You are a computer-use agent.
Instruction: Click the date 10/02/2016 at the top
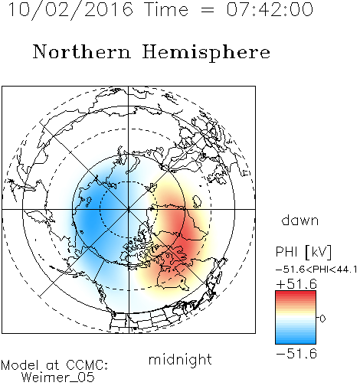70,10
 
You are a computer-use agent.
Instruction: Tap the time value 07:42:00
270,9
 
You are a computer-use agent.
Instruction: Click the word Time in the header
166,9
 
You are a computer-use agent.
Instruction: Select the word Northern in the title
82,52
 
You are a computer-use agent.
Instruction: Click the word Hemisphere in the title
206,53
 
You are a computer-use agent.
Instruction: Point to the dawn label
300,220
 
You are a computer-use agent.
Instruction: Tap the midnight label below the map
180,359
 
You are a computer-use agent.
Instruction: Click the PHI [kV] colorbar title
303,252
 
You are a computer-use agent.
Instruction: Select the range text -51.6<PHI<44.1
316,270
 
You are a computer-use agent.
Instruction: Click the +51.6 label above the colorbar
296,284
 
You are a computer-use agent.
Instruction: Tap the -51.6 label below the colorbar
296,354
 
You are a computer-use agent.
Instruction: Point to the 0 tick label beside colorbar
322,319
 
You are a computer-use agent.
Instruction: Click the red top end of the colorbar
296,293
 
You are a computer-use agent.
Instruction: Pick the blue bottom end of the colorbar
296,342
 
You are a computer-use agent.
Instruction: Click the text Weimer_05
58,378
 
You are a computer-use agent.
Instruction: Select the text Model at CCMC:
54,365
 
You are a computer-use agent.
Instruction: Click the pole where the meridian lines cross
129,209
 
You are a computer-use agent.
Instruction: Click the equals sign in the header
208,10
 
